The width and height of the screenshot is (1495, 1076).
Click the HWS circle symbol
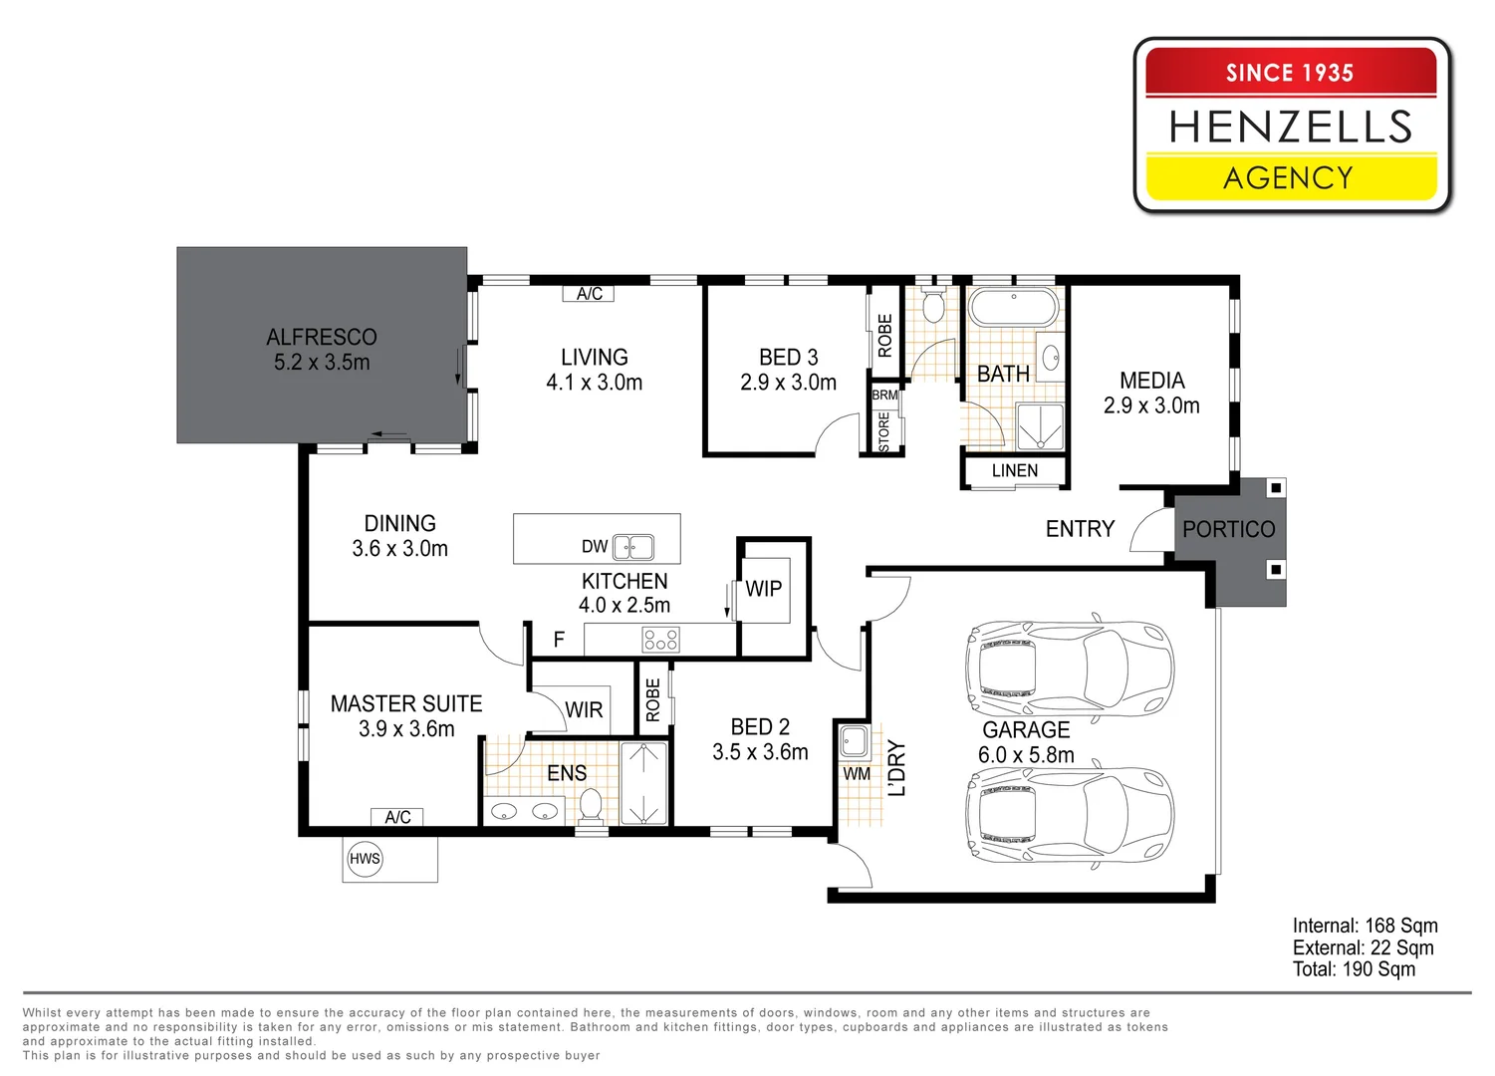pos(365,859)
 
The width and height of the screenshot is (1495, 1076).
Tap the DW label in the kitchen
pos(595,547)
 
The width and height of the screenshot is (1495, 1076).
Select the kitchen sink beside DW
pos(633,547)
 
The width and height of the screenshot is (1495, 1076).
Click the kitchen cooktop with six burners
pos(660,640)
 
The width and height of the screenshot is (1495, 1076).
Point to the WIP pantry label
pos(764,589)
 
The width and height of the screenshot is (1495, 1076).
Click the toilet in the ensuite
pos(591,805)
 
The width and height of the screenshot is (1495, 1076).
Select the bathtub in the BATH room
pos(1014,308)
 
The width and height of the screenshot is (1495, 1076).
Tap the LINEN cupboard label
pos(1014,471)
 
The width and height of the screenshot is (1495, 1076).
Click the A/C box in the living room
pos(589,294)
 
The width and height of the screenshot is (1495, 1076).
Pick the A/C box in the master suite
pos(397,817)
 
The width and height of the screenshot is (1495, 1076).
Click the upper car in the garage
pos(1069,668)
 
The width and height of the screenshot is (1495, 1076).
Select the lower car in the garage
pos(1069,814)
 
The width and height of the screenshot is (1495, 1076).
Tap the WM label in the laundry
pos(857,774)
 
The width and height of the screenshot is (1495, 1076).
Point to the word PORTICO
pos(1228,529)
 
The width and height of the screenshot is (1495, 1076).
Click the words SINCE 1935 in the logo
pos(1290,73)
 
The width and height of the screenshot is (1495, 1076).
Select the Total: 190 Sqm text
pos(1354,969)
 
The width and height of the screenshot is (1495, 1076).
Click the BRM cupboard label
pos(884,396)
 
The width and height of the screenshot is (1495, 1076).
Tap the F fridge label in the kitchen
pos(559,640)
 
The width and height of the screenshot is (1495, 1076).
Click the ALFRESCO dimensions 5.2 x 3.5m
pos(322,363)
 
